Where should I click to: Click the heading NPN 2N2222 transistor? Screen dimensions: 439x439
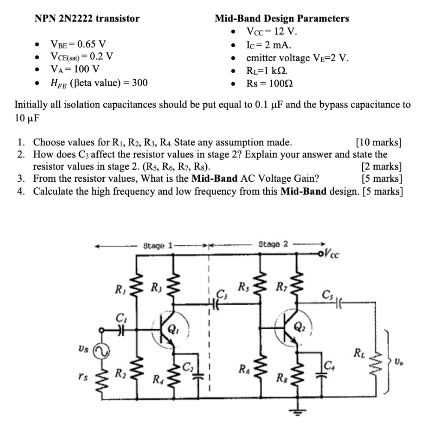coord(87,18)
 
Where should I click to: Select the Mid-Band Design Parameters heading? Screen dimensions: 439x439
coord(282,18)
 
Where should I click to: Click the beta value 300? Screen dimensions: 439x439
coord(139,83)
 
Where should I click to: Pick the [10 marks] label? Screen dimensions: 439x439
coord(379,142)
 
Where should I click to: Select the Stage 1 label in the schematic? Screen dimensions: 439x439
coord(157,246)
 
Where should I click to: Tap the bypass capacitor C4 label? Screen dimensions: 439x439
coord(329,366)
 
